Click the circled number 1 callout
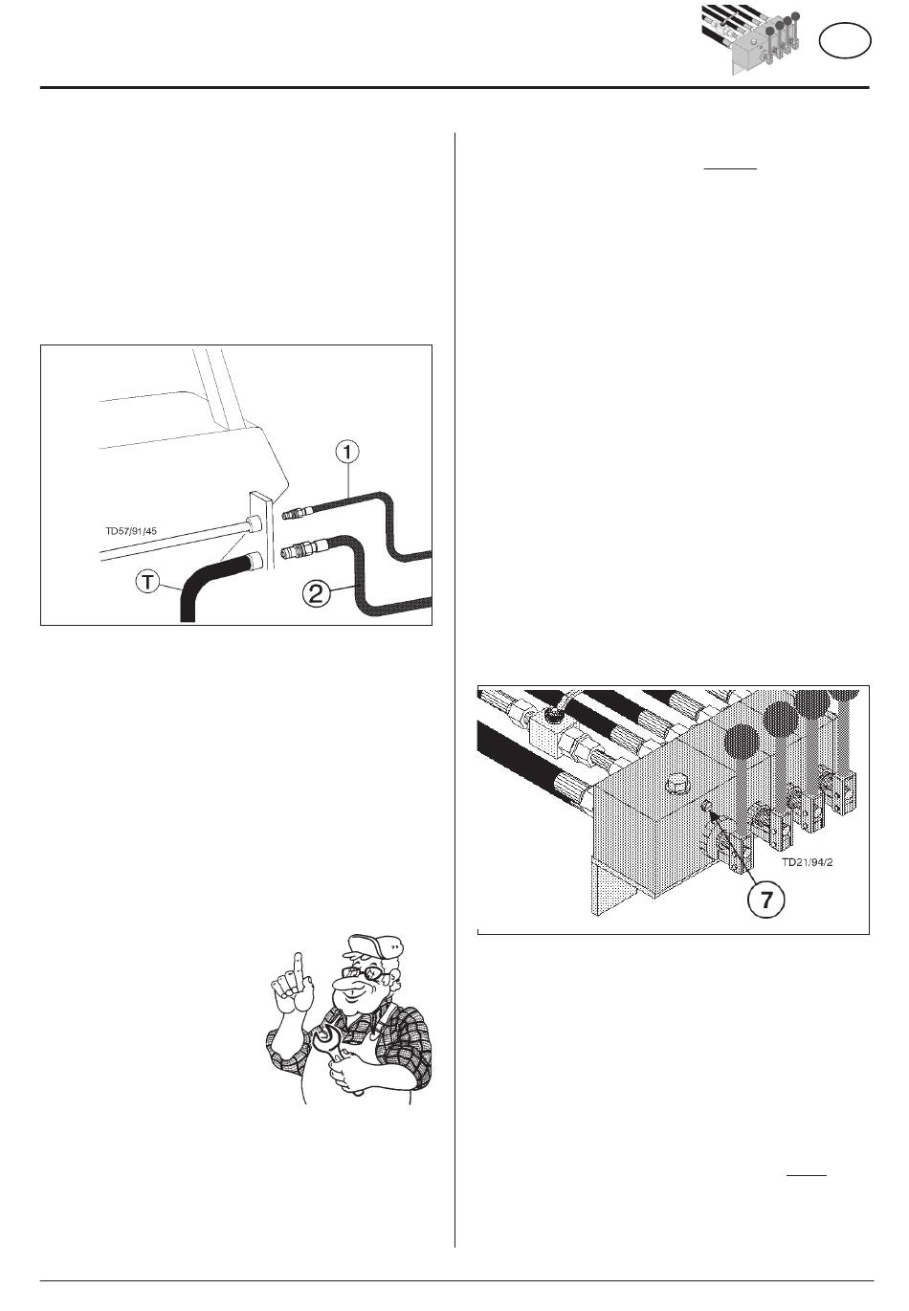347,452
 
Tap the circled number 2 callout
316,594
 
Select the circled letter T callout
148,582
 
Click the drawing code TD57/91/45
131,531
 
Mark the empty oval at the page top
845,41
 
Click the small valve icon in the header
751,38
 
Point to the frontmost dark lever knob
740,741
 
